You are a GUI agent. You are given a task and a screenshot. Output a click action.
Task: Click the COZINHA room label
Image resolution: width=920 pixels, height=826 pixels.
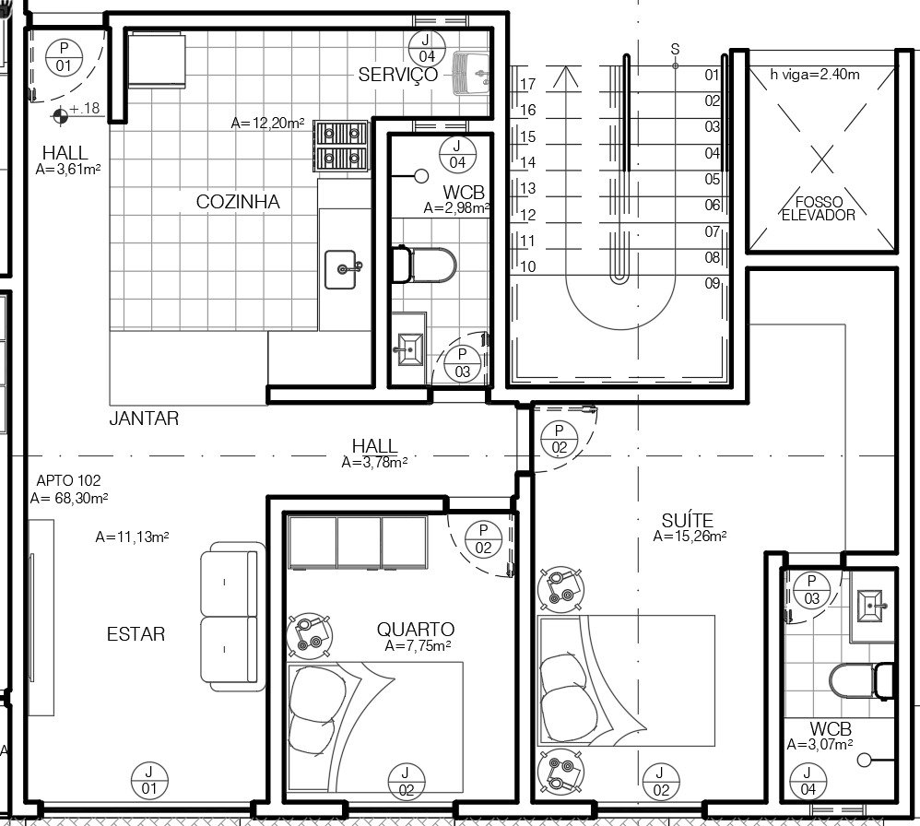[x=238, y=202]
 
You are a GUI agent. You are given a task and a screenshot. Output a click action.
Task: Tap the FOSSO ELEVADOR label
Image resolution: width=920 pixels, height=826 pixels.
[x=819, y=209]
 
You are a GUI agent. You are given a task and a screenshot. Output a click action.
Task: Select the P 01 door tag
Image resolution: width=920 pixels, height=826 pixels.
[x=64, y=57]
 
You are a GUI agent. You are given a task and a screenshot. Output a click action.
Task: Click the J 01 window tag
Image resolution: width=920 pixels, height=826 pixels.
[x=149, y=780]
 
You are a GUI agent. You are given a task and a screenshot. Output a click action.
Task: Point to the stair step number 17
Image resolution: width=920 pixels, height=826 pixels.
[x=527, y=85]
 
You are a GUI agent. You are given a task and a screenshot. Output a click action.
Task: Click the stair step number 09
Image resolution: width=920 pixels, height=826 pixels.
[x=713, y=283]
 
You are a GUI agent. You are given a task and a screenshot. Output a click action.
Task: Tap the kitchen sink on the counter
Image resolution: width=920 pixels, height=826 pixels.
[x=341, y=269]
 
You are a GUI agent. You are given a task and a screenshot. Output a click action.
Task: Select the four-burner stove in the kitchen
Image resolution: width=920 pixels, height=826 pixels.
[x=341, y=146]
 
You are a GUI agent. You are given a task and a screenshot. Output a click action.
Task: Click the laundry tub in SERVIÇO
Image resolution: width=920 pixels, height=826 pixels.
[x=471, y=74]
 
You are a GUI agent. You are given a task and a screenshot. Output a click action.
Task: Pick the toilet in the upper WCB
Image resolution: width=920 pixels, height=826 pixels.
[x=424, y=265]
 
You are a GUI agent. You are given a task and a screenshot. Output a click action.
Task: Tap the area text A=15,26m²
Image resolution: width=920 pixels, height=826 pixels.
[x=690, y=537]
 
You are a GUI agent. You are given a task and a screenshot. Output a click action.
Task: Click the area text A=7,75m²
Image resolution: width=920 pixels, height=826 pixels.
[x=418, y=646]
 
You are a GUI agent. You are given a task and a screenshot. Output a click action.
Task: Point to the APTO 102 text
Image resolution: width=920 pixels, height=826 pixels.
[x=68, y=480]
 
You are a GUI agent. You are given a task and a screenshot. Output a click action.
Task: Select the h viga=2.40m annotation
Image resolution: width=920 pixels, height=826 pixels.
[x=815, y=75]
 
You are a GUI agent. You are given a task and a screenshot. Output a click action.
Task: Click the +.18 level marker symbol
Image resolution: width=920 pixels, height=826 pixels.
[x=60, y=116]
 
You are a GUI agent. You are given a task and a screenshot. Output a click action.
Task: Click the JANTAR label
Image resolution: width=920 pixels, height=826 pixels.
[x=144, y=419]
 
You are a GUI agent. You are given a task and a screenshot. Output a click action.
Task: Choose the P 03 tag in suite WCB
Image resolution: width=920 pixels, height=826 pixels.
[x=811, y=590]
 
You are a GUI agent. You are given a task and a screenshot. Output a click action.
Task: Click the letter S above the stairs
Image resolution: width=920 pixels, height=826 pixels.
[x=675, y=49]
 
